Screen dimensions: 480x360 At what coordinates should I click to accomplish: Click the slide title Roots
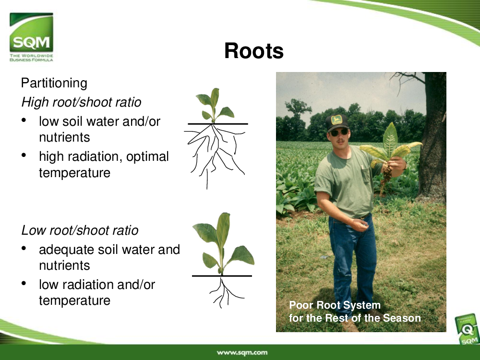pyautogui.click(x=254, y=50)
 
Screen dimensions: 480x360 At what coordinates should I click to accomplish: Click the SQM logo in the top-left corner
pyautogui.click(x=31, y=37)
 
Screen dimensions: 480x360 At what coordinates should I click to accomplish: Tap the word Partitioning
pyautogui.click(x=54, y=83)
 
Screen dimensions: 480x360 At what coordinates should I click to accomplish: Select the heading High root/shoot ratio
pyautogui.click(x=81, y=102)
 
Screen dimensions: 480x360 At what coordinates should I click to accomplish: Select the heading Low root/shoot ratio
pyautogui.click(x=80, y=230)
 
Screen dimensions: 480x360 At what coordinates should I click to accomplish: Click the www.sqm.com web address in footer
pyautogui.click(x=242, y=352)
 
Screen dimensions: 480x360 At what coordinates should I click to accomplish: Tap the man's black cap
pyautogui.click(x=337, y=122)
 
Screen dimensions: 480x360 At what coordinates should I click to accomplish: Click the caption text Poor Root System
pyautogui.click(x=335, y=305)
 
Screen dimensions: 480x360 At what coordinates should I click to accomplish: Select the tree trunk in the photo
pyautogui.click(x=433, y=138)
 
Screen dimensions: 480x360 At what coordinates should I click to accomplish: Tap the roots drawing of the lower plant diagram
pyautogui.click(x=226, y=292)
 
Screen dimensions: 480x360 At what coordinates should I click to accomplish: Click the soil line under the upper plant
pyautogui.click(x=217, y=124)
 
